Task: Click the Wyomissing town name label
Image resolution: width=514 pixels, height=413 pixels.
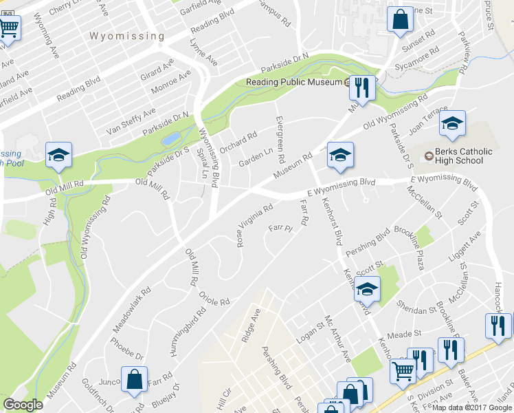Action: point(127,35)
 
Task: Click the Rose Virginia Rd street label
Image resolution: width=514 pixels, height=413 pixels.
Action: point(256,225)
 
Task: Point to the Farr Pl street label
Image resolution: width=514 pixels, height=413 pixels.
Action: point(281,228)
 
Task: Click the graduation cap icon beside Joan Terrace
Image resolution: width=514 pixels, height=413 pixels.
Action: point(452,124)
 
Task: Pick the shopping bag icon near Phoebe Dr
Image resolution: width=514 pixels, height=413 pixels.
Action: point(134,379)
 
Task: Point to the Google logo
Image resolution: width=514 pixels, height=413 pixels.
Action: point(23,405)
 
